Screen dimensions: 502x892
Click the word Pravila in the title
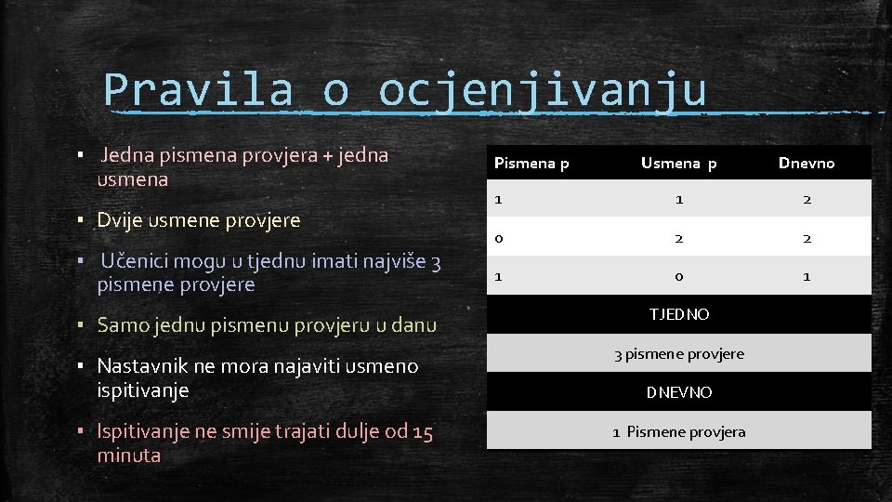click(x=198, y=90)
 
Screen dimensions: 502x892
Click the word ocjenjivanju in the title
click(x=543, y=90)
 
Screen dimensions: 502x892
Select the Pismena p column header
click(x=531, y=164)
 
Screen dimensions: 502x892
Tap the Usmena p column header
click(x=679, y=164)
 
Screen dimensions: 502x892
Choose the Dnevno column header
click(x=807, y=164)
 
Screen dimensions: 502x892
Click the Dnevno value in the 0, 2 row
click(x=807, y=238)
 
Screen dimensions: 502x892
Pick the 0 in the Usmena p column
click(x=679, y=276)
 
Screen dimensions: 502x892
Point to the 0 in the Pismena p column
click(x=499, y=238)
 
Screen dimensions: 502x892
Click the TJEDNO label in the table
click(x=679, y=314)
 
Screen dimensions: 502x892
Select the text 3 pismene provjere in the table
click(x=679, y=353)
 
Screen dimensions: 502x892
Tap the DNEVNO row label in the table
click(x=679, y=392)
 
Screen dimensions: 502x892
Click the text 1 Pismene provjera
click(x=679, y=431)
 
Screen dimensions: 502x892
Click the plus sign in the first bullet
click(x=326, y=155)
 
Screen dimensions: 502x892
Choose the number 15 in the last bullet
click(x=423, y=431)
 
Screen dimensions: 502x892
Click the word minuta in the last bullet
click(x=129, y=456)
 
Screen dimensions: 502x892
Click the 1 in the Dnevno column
click(x=807, y=276)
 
